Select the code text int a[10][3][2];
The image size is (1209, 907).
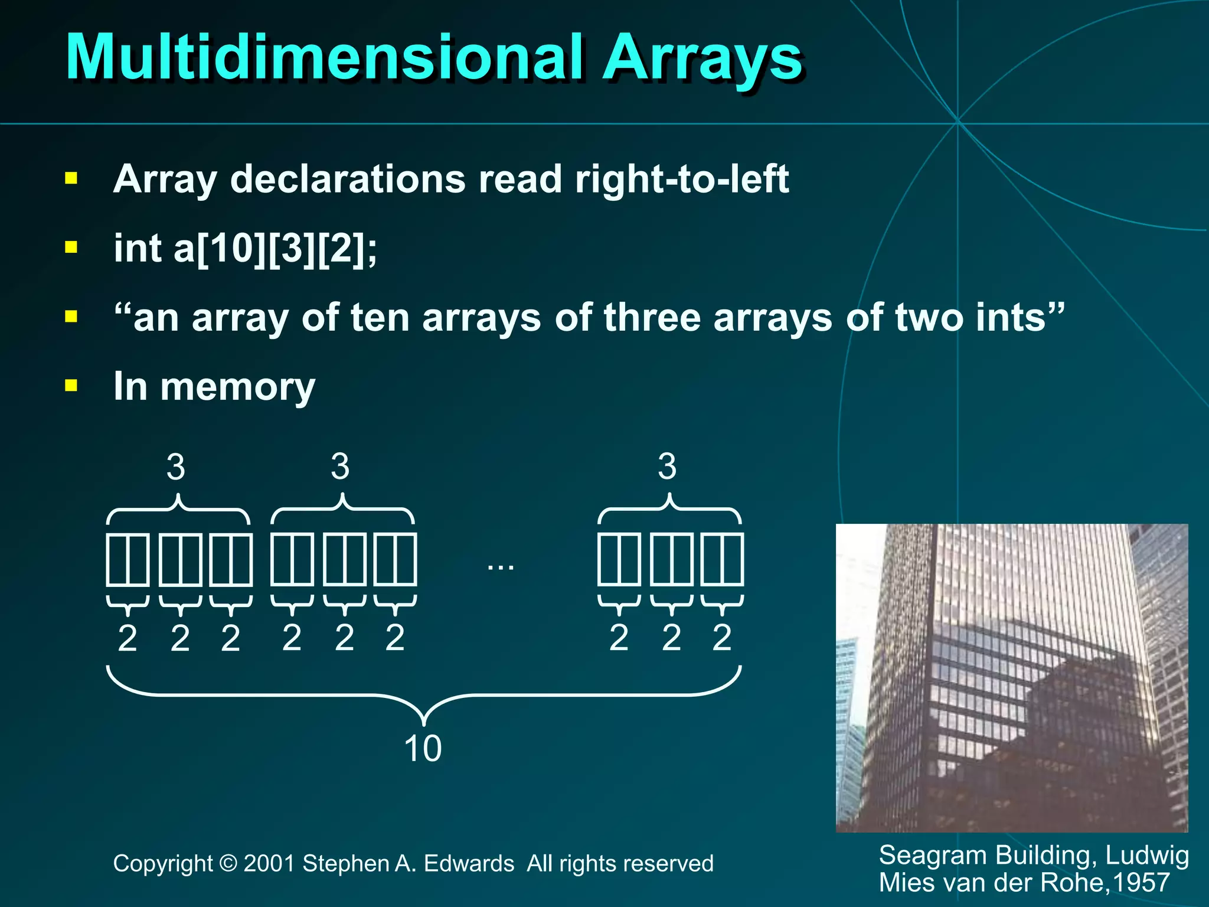(x=245, y=248)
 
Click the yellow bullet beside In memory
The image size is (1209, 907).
(x=71, y=386)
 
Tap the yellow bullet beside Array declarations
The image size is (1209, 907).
(x=71, y=178)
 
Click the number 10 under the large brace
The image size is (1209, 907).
(x=423, y=749)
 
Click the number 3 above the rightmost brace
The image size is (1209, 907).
(x=667, y=466)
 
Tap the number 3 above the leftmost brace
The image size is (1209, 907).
(x=176, y=467)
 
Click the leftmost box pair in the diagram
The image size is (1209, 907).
(x=128, y=559)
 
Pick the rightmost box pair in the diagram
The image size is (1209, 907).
(x=721, y=559)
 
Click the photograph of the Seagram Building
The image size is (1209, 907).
(x=1011, y=677)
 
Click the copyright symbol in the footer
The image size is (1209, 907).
(x=228, y=864)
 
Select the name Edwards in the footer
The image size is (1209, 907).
(x=469, y=864)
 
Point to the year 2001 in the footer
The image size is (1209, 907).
(x=269, y=864)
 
